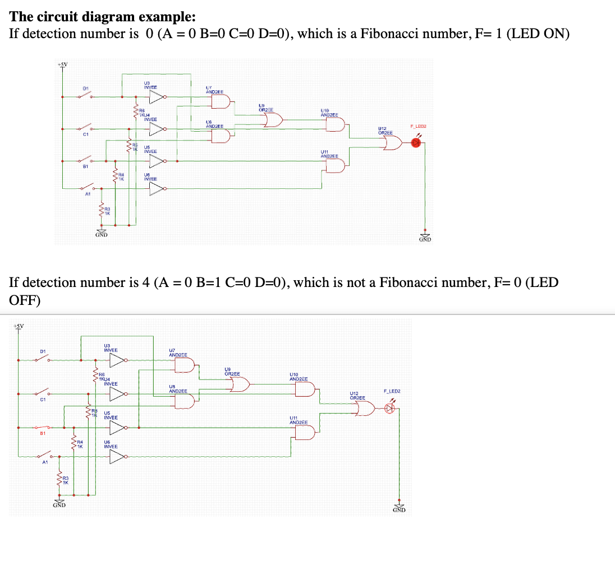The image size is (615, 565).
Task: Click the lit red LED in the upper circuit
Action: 416,143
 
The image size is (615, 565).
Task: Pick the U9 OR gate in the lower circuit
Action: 241,385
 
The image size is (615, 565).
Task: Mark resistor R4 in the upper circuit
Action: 116,177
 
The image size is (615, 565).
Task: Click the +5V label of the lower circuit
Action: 18,326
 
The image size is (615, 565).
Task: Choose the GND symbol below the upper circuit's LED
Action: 425,237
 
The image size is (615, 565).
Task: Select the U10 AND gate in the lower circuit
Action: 306,390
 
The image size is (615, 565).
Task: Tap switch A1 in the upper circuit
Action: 88,188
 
